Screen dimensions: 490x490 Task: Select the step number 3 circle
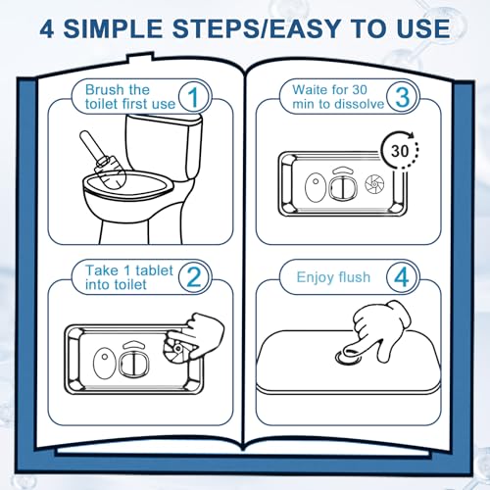(x=401, y=97)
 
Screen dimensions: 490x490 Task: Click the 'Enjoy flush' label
(x=333, y=277)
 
